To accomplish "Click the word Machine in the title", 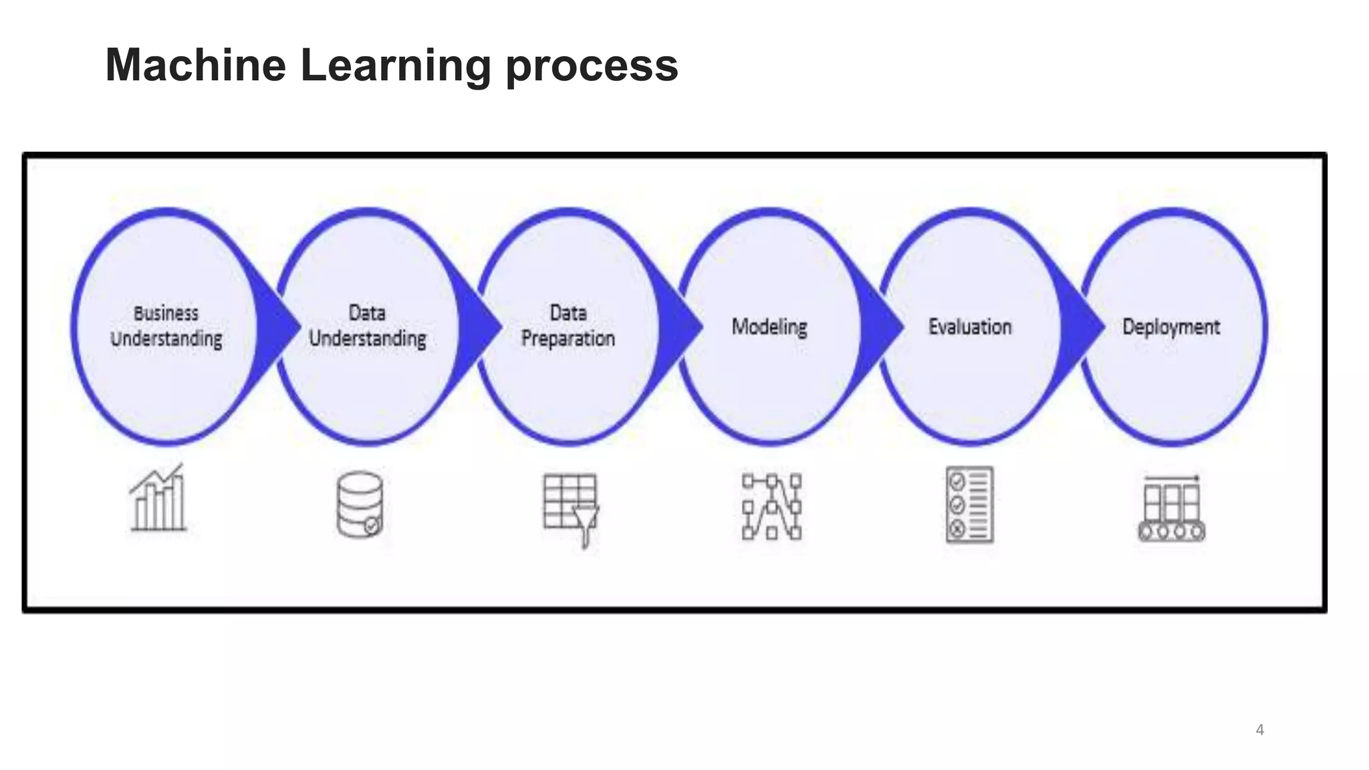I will click(x=196, y=66).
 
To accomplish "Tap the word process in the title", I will click(x=592, y=67).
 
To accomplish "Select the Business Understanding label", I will click(x=166, y=326).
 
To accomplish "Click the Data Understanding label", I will click(x=367, y=326).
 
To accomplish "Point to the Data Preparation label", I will click(x=568, y=326).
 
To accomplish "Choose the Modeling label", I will click(x=769, y=327).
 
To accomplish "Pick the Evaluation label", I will click(x=970, y=327).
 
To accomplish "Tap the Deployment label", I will click(x=1171, y=327).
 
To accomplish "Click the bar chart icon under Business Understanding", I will click(x=158, y=498).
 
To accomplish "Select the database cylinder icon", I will click(x=360, y=505).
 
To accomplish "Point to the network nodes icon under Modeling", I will click(x=771, y=507).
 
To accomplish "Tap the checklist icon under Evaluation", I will click(x=970, y=505).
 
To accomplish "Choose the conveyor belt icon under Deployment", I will click(x=1172, y=509).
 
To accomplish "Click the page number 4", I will click(x=1260, y=730).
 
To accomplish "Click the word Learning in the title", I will click(x=396, y=66).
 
